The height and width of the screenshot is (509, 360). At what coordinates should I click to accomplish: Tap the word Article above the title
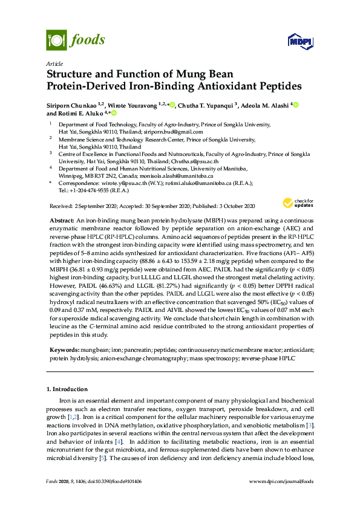click(54, 63)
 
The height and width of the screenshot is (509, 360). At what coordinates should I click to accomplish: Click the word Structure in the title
click(70, 74)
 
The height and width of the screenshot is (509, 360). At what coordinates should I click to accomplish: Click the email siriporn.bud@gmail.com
click(178, 131)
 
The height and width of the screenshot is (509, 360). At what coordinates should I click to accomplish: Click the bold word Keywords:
click(63, 350)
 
